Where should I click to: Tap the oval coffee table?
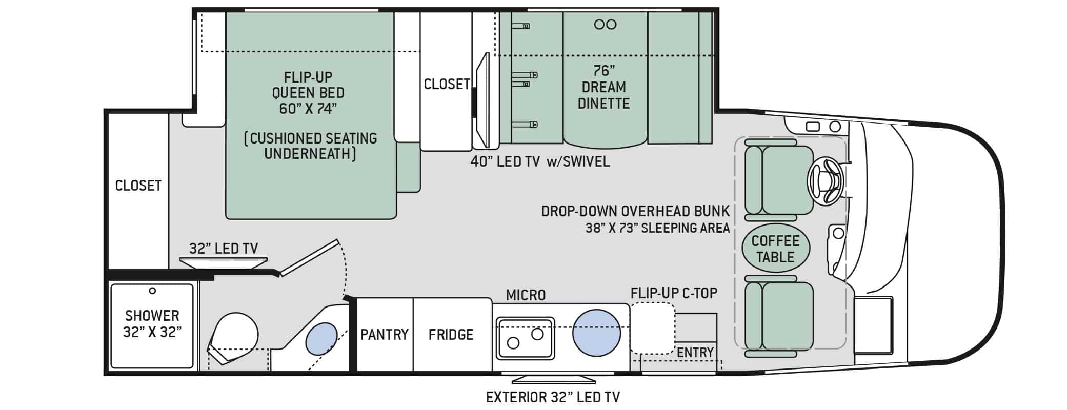coord(775,249)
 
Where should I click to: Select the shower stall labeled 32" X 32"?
coord(152,325)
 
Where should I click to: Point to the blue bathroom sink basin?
coord(321,339)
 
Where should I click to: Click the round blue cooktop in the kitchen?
coord(596,333)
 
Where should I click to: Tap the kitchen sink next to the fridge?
coord(525,338)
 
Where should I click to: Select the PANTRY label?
coord(384,335)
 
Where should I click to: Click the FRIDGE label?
coord(451,335)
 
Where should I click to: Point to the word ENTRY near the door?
coord(695,353)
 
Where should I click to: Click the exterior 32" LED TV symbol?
coord(554,379)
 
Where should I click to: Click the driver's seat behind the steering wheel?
coord(778,179)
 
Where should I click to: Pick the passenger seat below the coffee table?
coord(778,316)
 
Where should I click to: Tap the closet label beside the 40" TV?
coord(447,84)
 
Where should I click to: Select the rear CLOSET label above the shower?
coord(138,186)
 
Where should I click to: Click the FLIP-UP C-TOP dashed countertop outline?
coord(652,328)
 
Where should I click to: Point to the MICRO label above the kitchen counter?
coord(526,295)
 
